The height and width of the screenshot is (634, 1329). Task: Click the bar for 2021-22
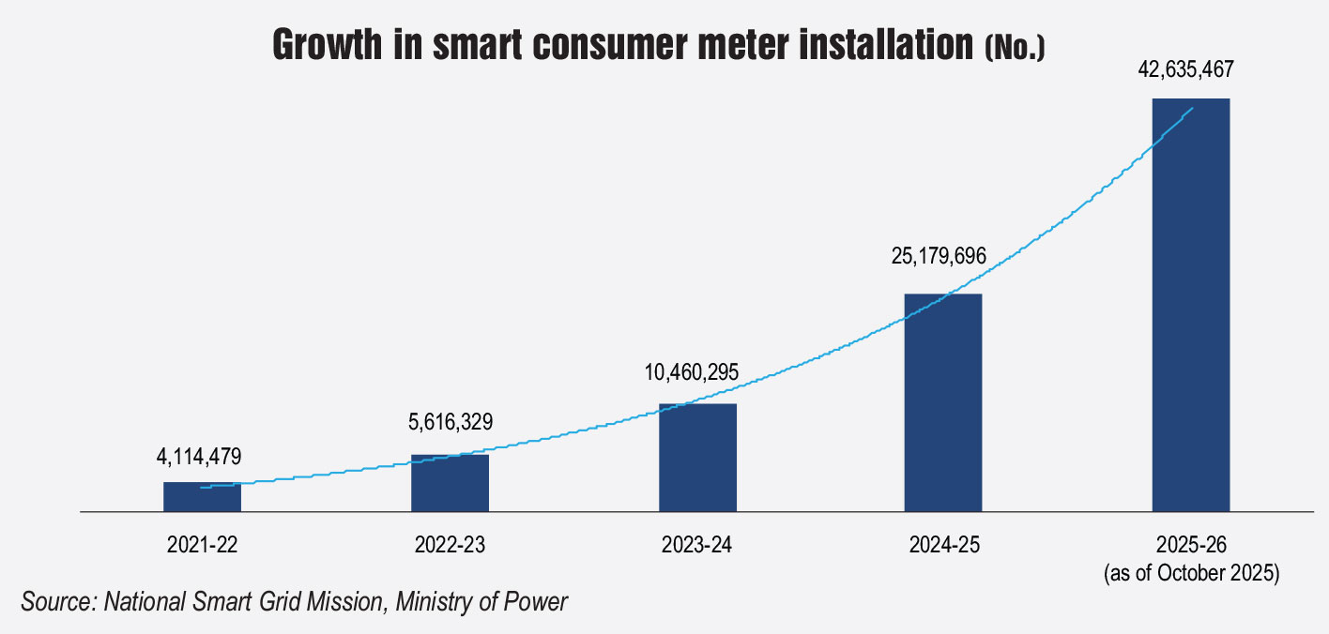202,497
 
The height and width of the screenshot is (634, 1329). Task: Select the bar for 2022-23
450,483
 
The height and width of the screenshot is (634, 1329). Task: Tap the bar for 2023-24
697,458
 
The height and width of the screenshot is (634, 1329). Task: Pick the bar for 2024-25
943,403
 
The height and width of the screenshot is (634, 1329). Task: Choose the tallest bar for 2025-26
1190,305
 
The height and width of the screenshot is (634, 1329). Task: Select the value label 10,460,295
694,372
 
